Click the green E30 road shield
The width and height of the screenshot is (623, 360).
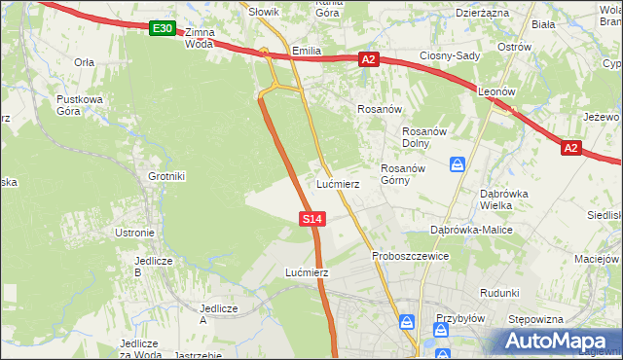pyautogui.click(x=163, y=29)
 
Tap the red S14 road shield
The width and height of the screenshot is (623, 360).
pyautogui.click(x=311, y=220)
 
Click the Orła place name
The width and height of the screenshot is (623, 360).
pyautogui.click(x=85, y=61)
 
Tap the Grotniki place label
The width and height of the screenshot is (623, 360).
pyautogui.click(x=166, y=176)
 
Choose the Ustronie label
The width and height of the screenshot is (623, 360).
pyautogui.click(x=135, y=233)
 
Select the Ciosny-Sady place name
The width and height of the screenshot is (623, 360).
pyautogui.click(x=450, y=55)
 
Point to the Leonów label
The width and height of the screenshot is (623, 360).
pyautogui.click(x=495, y=90)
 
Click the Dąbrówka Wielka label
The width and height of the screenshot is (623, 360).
pyautogui.click(x=503, y=199)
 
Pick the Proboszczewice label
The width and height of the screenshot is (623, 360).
pyautogui.click(x=410, y=256)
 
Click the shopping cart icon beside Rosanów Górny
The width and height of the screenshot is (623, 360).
pyautogui.click(x=458, y=165)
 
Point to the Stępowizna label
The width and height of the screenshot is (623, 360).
pyautogui.click(x=538, y=319)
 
